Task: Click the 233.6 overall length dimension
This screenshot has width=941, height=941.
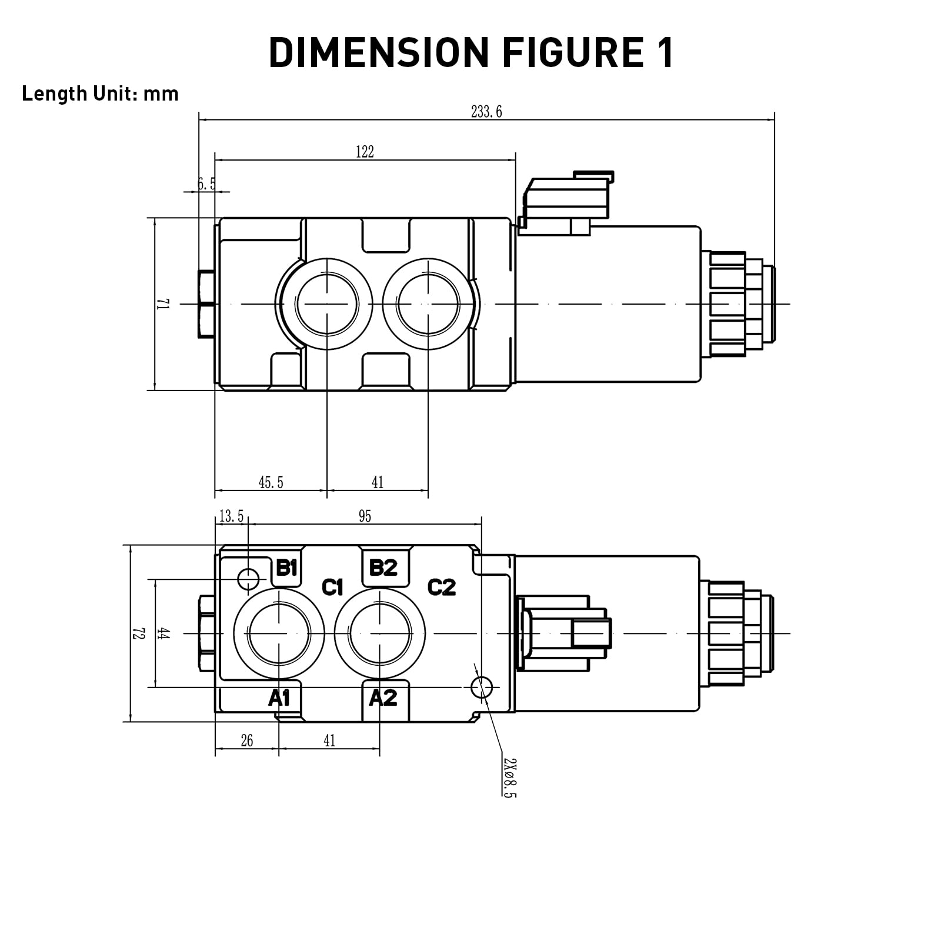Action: coord(486,112)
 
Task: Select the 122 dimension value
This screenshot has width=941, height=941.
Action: coord(365,152)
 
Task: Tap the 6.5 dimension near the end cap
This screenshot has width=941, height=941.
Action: coord(206,184)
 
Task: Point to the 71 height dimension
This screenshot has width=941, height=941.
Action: coord(163,304)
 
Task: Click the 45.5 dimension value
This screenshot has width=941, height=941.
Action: coord(271,483)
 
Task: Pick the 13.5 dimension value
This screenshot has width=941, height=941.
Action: coord(231,516)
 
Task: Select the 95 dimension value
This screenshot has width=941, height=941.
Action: coord(365,516)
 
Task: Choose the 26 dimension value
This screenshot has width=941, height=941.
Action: coord(247,740)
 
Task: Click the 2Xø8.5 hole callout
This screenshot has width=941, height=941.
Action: coord(510,777)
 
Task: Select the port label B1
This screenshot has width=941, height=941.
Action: coord(286,568)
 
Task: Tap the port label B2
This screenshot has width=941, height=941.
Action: coord(383,568)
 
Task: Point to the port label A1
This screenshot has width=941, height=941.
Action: coord(279,698)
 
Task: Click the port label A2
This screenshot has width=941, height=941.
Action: coord(383,698)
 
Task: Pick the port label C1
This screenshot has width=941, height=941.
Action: coord(332,587)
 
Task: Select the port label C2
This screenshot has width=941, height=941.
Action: coord(441,587)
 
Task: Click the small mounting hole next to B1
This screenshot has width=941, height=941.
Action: coord(248,579)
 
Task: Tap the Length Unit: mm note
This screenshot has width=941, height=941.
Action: coord(100,94)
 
